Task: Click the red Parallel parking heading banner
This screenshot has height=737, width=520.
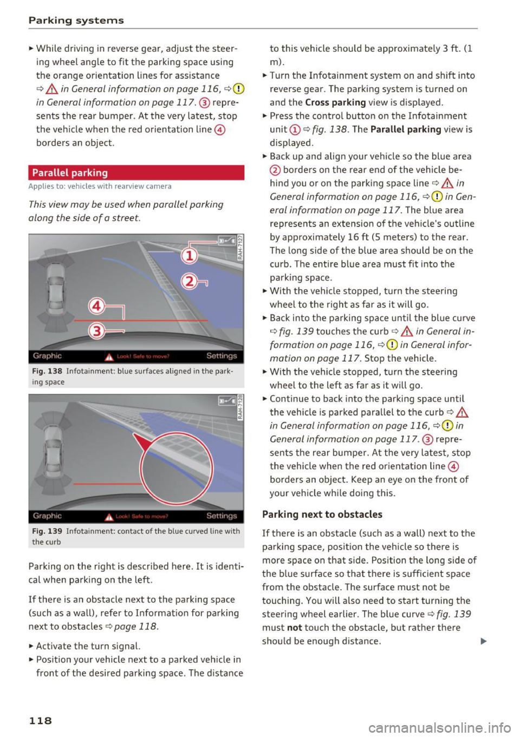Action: click(x=136, y=173)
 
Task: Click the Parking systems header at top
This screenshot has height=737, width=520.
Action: click(x=76, y=21)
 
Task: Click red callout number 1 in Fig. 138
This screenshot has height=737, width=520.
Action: click(x=189, y=255)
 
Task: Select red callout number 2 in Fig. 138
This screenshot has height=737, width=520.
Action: click(x=189, y=282)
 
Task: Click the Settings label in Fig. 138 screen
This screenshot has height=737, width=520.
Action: click(x=222, y=356)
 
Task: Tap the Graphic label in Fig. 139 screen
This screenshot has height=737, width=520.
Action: click(x=47, y=516)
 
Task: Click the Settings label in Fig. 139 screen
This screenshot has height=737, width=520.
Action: click(x=222, y=516)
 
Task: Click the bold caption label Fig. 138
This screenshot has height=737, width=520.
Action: click(x=47, y=371)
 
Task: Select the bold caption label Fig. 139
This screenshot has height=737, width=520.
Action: click(x=47, y=531)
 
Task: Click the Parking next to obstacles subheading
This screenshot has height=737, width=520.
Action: click(x=322, y=514)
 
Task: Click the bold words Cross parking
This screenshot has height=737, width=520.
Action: click(x=335, y=102)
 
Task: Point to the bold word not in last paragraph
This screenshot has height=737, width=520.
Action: click(x=294, y=628)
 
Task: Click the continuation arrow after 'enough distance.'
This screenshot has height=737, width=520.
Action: click(x=483, y=642)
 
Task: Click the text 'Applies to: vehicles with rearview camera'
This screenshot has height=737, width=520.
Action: click(x=100, y=186)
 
